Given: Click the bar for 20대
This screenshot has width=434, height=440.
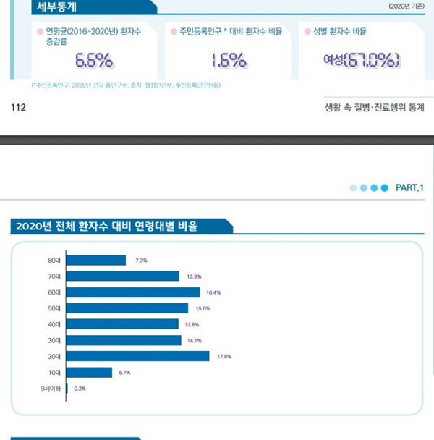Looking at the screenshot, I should (x=137, y=356).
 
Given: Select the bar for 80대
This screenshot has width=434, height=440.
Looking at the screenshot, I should (x=96, y=260).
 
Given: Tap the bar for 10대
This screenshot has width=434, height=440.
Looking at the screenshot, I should (x=89, y=372).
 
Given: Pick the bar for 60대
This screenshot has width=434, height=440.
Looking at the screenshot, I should (x=133, y=292).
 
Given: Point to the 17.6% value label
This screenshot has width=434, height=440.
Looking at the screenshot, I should (x=224, y=356).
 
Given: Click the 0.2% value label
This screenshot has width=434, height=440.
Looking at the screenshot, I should (x=80, y=389).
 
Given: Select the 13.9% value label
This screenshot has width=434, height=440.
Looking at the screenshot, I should (x=193, y=276).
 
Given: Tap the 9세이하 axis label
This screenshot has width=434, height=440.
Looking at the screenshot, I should (x=52, y=389).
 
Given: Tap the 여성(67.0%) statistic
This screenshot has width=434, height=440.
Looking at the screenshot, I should (x=362, y=60).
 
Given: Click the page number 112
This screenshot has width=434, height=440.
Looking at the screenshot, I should (x=19, y=107).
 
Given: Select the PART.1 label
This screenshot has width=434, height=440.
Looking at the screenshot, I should (x=409, y=187).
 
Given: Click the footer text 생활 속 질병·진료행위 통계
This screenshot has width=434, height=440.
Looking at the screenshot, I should (x=375, y=107).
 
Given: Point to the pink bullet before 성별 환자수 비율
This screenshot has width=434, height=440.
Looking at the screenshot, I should (x=308, y=31).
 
